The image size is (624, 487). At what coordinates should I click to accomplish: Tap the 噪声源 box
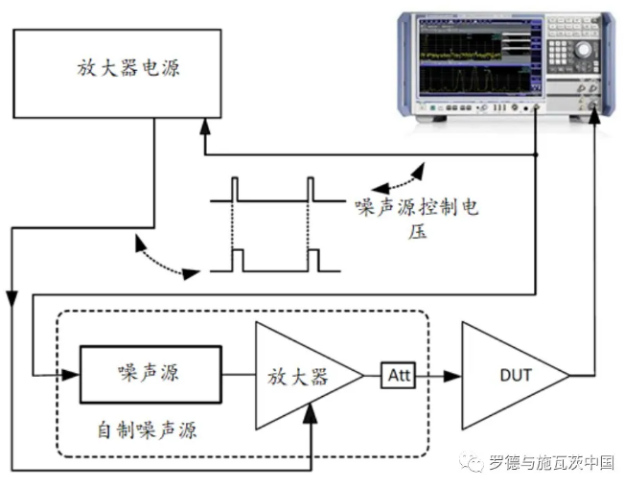click(149, 372)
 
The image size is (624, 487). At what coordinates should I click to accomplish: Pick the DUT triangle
click(510, 374)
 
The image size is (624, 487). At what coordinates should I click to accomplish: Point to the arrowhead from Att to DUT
click(448, 374)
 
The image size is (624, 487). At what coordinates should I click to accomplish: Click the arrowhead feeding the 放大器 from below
click(312, 411)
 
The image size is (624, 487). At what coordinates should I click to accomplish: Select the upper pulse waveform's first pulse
click(237, 190)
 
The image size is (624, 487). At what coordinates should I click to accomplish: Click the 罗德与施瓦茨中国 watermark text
click(550, 461)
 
